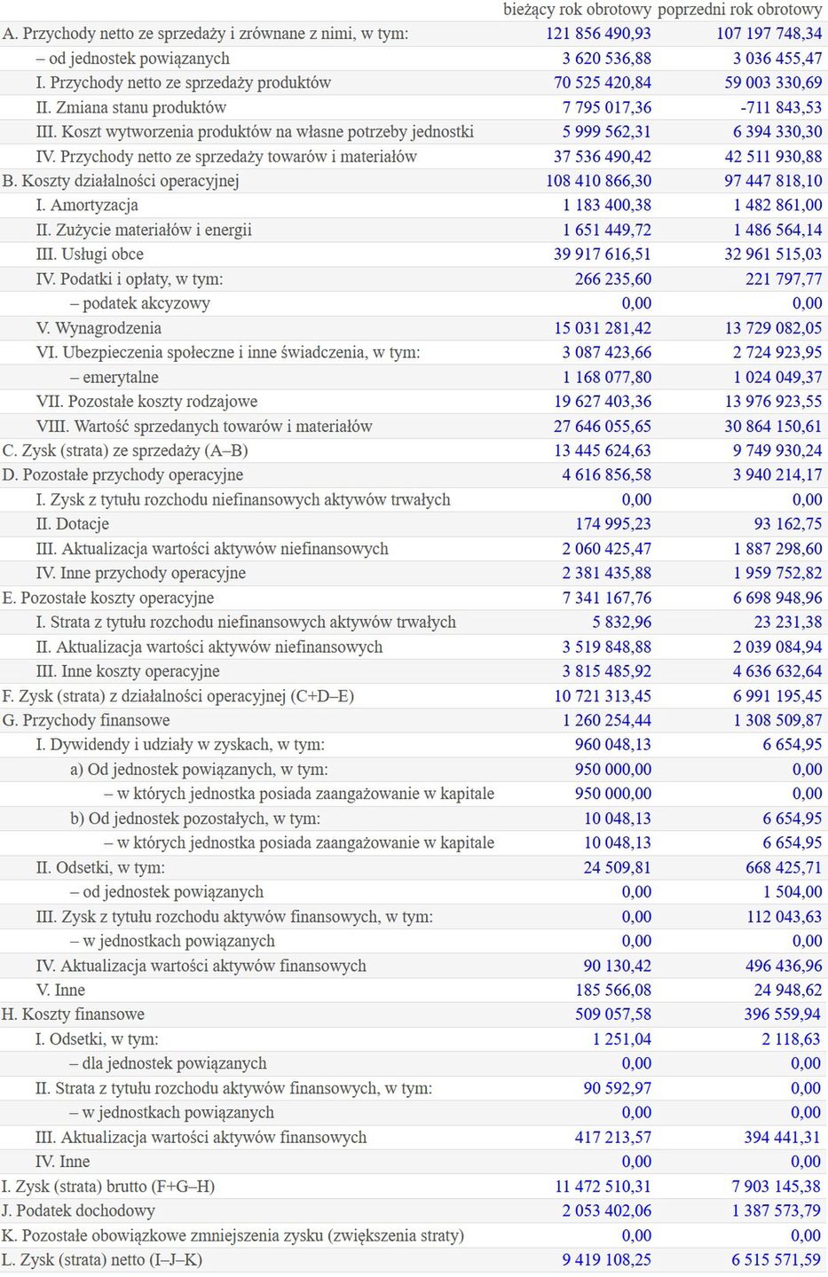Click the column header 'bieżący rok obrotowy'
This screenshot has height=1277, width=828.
pyautogui.click(x=577, y=10)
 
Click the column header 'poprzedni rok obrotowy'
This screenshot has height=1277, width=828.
pyautogui.click(x=739, y=10)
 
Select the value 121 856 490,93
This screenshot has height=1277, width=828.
pyautogui.click(x=598, y=34)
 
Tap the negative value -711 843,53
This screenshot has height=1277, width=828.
pyautogui.click(x=776, y=107)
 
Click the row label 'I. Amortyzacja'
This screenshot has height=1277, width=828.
pyautogui.click(x=87, y=205)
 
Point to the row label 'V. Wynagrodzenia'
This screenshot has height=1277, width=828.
pyautogui.click(x=99, y=328)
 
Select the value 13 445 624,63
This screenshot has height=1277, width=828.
pyautogui.click(x=603, y=450)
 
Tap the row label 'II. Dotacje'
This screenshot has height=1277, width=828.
pyautogui.click(x=72, y=524)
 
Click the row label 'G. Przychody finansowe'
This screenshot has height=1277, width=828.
pyautogui.click(x=86, y=720)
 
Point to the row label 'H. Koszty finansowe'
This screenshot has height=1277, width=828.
pyautogui.click(x=73, y=1015)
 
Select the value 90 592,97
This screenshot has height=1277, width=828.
pyautogui.click(x=618, y=1088)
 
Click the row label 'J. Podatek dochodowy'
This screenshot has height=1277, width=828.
pyautogui.click(x=78, y=1210)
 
